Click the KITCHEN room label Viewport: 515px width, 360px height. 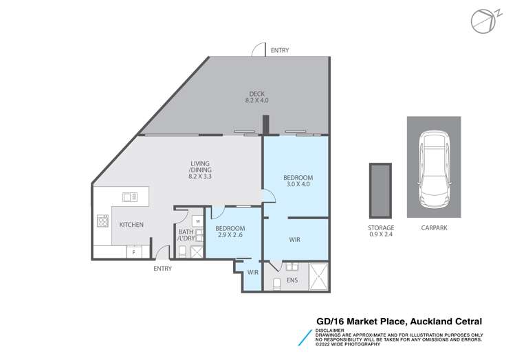tap(131, 225)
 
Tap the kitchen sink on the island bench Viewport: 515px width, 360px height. tap(129, 197)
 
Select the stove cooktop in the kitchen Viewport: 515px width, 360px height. tap(102, 221)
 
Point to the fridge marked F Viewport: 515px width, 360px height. tap(134, 252)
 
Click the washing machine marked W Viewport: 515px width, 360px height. tap(197, 221)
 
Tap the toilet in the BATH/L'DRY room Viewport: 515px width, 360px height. tap(182, 251)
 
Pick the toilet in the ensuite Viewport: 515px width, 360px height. tap(276, 282)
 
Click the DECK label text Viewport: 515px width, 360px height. tap(256, 94)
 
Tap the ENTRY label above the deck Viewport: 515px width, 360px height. tap(280, 50)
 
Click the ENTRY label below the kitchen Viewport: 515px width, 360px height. tap(162, 269)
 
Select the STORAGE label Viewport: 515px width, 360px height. tap(380, 227)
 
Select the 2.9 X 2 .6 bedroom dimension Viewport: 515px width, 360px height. tap(229, 236)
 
